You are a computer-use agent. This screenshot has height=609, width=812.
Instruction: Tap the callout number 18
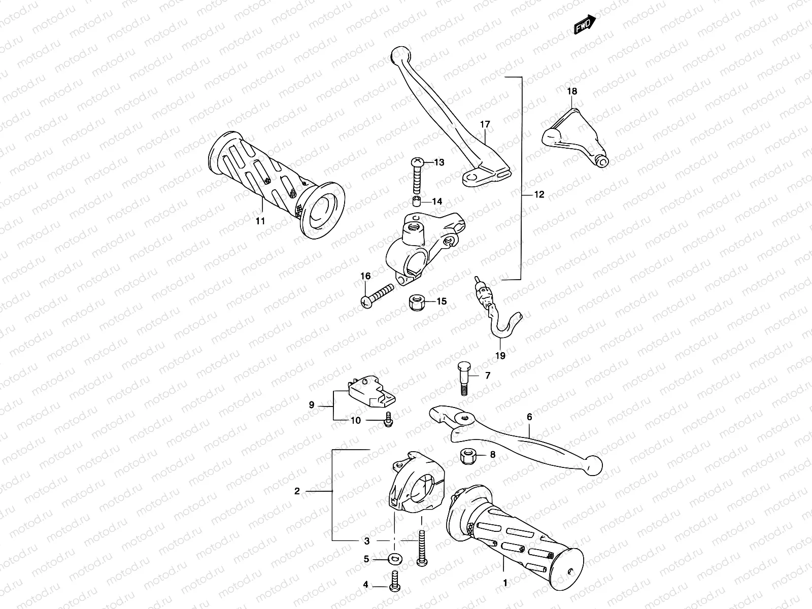pos(572,91)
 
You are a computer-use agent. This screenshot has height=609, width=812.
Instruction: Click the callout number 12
pos(538,194)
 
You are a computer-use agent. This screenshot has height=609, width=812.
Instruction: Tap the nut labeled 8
pos(467,455)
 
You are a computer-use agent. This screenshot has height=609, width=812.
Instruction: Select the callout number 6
pos(529,417)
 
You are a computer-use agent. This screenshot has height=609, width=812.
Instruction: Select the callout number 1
pos(505,583)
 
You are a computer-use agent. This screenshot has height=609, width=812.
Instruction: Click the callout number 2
pos(297,491)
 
